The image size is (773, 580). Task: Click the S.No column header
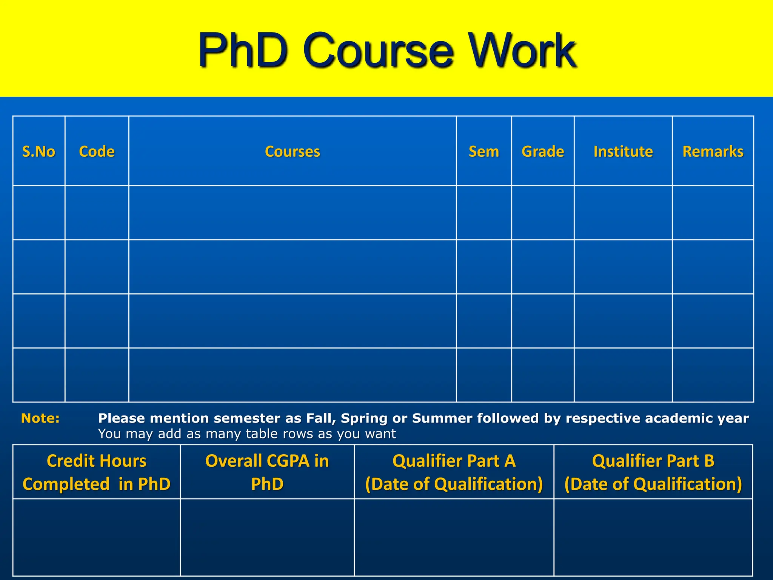38,151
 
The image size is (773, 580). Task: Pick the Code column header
97,151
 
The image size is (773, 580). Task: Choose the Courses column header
293,151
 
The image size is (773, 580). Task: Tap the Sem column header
484,151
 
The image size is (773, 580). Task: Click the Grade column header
543,151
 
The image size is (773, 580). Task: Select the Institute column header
623,151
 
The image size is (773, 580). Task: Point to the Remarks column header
713,151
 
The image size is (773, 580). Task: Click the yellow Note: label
40,418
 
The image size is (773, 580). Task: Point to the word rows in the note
299,434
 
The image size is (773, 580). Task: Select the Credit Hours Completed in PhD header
97,472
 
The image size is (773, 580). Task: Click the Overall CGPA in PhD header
267,472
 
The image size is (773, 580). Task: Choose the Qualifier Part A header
454,472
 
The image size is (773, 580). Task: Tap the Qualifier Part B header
653,472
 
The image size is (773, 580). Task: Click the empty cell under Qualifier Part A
454,537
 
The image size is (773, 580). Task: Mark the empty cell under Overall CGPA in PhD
267,537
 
